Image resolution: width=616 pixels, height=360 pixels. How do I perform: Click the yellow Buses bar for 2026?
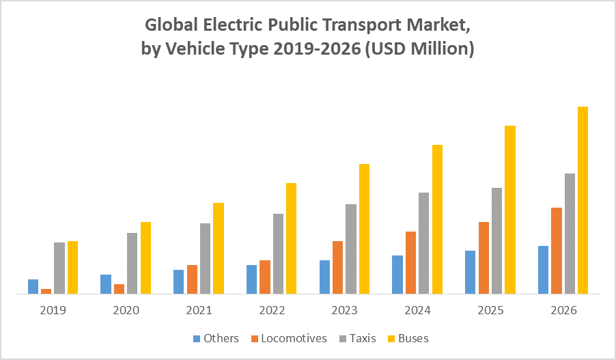583,200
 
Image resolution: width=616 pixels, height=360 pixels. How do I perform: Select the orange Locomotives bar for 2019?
46,291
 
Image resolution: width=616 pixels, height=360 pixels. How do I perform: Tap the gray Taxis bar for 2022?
278,253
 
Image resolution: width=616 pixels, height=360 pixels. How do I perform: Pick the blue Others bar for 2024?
397,275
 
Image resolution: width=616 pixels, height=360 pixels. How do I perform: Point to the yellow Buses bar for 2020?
145,258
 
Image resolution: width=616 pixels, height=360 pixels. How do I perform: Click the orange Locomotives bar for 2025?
484,258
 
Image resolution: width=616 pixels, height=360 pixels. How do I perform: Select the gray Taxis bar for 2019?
59,268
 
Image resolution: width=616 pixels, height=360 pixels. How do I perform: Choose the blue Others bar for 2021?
178,281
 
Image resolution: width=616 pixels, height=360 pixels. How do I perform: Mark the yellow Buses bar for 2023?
364,229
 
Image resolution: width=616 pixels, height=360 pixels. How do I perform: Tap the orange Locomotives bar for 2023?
337,267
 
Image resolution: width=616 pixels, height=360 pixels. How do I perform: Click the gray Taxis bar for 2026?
570,234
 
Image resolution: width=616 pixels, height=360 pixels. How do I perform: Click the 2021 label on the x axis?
199,310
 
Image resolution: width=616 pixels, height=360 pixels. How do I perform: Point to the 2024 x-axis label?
418,310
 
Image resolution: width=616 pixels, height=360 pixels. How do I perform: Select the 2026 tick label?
564,310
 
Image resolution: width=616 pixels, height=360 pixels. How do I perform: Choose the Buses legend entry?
413,338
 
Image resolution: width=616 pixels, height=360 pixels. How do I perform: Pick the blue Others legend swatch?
197,339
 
